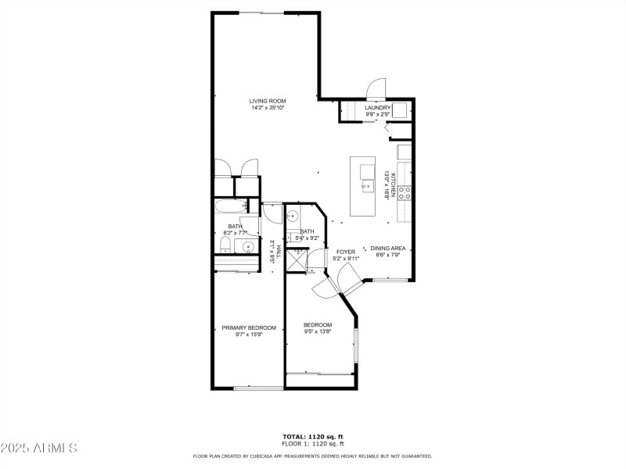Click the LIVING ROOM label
coord(268,101)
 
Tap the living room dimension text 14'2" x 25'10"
coord(268,108)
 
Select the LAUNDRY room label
coord(377,108)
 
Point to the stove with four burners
coord(405,193)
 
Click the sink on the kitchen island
coord(366,185)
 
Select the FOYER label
coord(346,252)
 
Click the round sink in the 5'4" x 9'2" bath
coord(293,217)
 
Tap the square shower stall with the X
coord(296,260)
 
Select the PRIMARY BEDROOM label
coord(249,328)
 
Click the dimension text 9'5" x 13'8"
coord(318,331)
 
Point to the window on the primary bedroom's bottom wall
coord(258,388)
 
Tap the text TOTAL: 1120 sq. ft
coord(313,436)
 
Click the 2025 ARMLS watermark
coord(39,448)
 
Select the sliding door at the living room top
coord(261,13)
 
